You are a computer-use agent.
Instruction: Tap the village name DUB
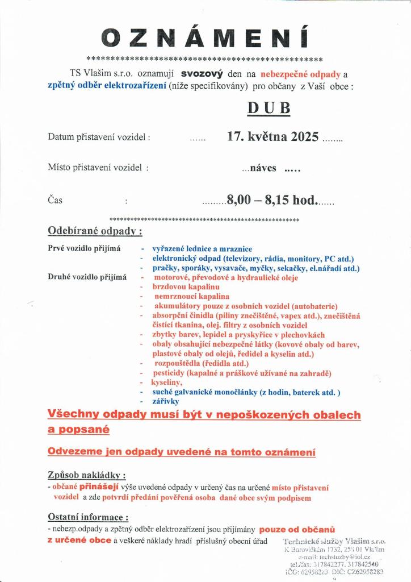click(x=269, y=108)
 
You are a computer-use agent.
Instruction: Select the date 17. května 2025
click(x=272, y=137)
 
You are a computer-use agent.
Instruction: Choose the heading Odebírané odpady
click(x=95, y=231)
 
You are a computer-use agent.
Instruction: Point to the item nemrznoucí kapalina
click(x=192, y=296)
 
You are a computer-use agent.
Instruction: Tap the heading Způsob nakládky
click(x=86, y=475)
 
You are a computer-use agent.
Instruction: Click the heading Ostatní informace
click(x=88, y=517)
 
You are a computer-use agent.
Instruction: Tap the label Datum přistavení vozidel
click(x=99, y=138)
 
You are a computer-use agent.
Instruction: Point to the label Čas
click(x=55, y=200)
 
